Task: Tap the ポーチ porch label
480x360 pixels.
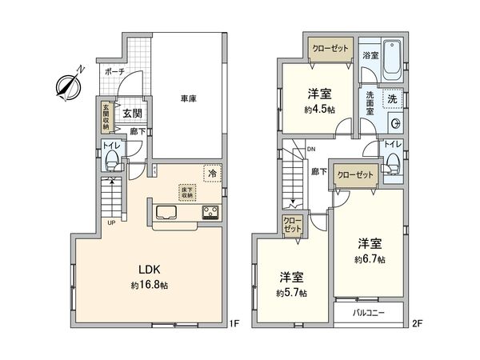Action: pyautogui.click(x=113, y=71)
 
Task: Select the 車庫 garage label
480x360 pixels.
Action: pyautogui.click(x=189, y=98)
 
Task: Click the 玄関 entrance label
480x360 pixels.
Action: pyautogui.click(x=132, y=113)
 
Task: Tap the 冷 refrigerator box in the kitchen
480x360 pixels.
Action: pyautogui.click(x=213, y=172)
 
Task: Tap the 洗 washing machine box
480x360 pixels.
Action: pyautogui.click(x=392, y=99)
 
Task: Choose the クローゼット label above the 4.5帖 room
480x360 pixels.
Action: pyautogui.click(x=331, y=49)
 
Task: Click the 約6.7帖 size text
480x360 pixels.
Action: pyautogui.click(x=370, y=260)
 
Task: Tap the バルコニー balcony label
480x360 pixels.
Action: pyautogui.click(x=370, y=313)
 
